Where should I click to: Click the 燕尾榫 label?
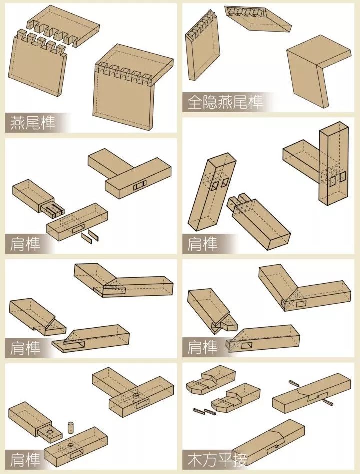(x=33, y=123)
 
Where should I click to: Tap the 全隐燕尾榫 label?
(x=225, y=102)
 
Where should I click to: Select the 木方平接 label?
(x=217, y=460)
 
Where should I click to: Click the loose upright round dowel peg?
(x=70, y=427)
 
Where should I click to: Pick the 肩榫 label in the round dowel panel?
(x=25, y=460)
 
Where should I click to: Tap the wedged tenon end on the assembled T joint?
(x=140, y=186)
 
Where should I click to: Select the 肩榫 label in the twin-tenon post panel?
(x=202, y=244)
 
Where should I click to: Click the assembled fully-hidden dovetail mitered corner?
(x=319, y=70)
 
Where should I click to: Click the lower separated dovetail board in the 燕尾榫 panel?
(x=38, y=63)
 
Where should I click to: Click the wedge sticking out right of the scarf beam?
(x=328, y=402)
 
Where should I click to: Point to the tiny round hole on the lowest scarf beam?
(x=276, y=446)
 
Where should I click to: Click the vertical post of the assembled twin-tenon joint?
(x=333, y=163)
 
